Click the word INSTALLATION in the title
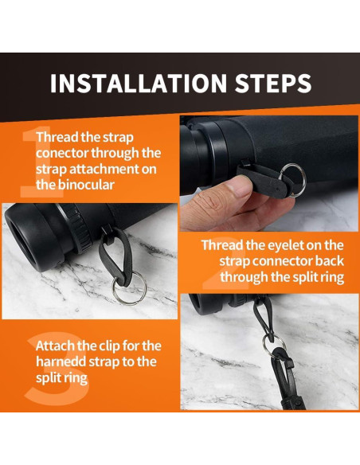139,83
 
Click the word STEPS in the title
273,83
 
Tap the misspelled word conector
62,153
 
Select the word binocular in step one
86,185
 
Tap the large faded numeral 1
41,162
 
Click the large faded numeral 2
225,264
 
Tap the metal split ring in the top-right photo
293,180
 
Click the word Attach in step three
55,346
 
